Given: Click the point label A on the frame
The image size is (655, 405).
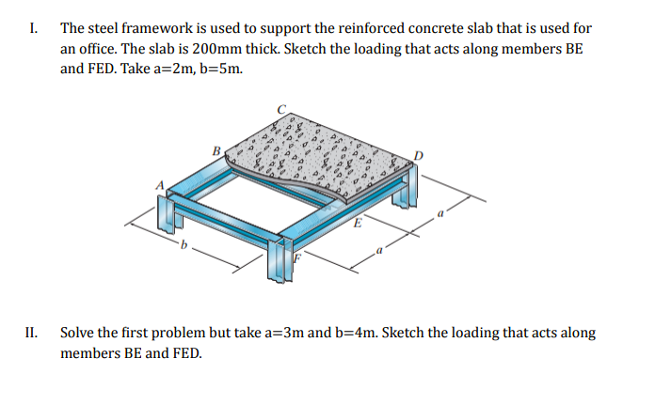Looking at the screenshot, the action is pyautogui.click(x=160, y=185).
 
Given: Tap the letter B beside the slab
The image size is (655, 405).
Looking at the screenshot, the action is pyautogui.click(x=216, y=150).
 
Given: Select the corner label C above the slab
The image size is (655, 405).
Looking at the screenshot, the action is pyautogui.click(x=282, y=109).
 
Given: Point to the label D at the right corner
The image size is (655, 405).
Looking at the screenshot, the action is pyautogui.click(x=419, y=156).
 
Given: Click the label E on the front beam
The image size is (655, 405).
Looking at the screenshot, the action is pyautogui.click(x=358, y=223).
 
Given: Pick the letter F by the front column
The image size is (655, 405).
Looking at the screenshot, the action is pyautogui.click(x=297, y=257).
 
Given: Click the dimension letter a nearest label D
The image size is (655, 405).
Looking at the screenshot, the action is pyautogui.click(x=439, y=213).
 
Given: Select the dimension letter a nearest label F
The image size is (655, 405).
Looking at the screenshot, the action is pyautogui.click(x=379, y=250).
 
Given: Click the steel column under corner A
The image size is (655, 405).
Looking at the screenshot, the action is pyautogui.click(x=169, y=213).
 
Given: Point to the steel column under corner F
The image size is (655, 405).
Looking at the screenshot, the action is pyautogui.click(x=280, y=260).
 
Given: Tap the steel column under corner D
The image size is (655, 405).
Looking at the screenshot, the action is pyautogui.click(x=405, y=185).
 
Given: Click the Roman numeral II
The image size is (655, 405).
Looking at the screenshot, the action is pyautogui.click(x=31, y=333).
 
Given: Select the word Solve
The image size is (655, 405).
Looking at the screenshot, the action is pyautogui.click(x=76, y=333).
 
